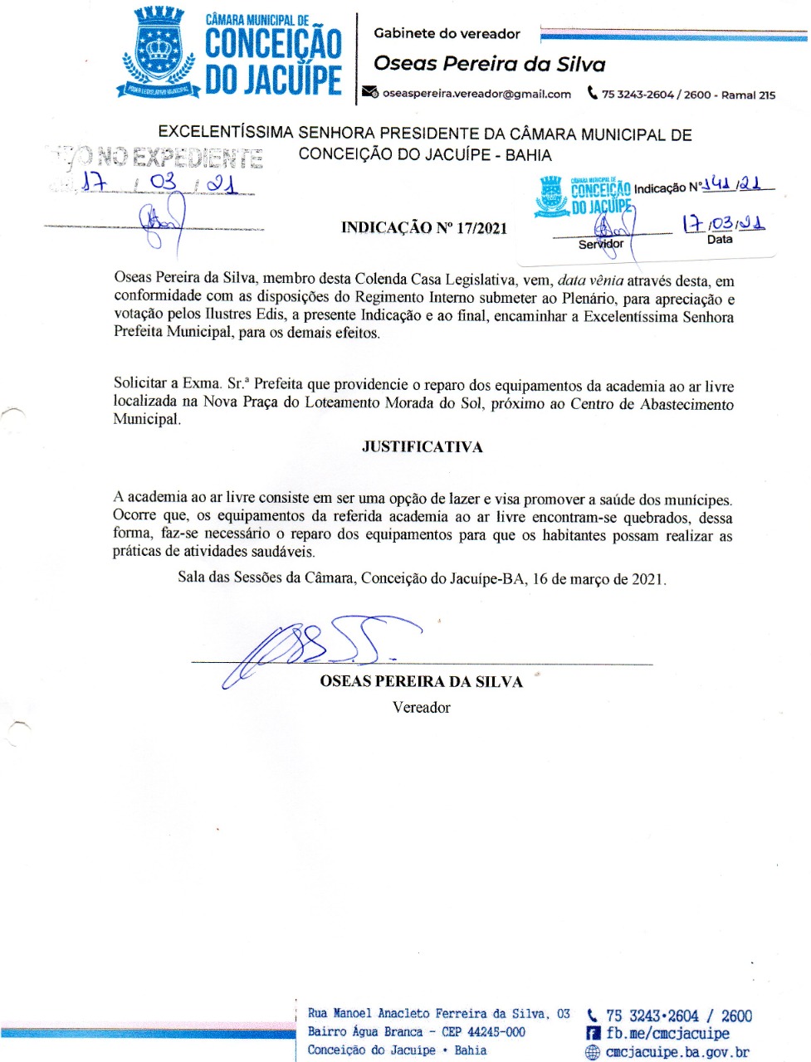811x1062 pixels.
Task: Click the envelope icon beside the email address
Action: click(x=370, y=93)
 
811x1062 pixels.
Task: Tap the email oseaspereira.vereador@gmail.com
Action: click(x=476, y=94)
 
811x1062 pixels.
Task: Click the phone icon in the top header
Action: click(x=592, y=93)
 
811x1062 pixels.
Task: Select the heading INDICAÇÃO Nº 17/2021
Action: click(x=423, y=228)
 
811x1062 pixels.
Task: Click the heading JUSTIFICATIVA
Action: click(x=422, y=447)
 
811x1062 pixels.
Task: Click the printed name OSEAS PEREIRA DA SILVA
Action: click(x=421, y=682)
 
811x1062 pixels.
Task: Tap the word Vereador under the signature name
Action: click(x=421, y=708)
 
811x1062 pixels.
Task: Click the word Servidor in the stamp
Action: click(x=600, y=244)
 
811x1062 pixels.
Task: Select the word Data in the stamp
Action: click(x=720, y=240)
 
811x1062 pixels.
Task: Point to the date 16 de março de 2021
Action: click(x=598, y=579)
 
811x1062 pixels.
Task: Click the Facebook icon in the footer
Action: click(x=593, y=1034)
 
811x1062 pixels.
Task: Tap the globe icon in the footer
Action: click(x=593, y=1052)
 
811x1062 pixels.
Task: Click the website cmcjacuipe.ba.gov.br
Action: click(x=677, y=1052)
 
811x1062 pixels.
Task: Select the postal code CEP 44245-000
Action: click(x=483, y=1032)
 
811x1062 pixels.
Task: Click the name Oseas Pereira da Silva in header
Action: click(x=489, y=64)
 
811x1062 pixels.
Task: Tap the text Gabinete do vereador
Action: click(x=447, y=34)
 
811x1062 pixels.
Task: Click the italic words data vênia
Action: click(x=590, y=280)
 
